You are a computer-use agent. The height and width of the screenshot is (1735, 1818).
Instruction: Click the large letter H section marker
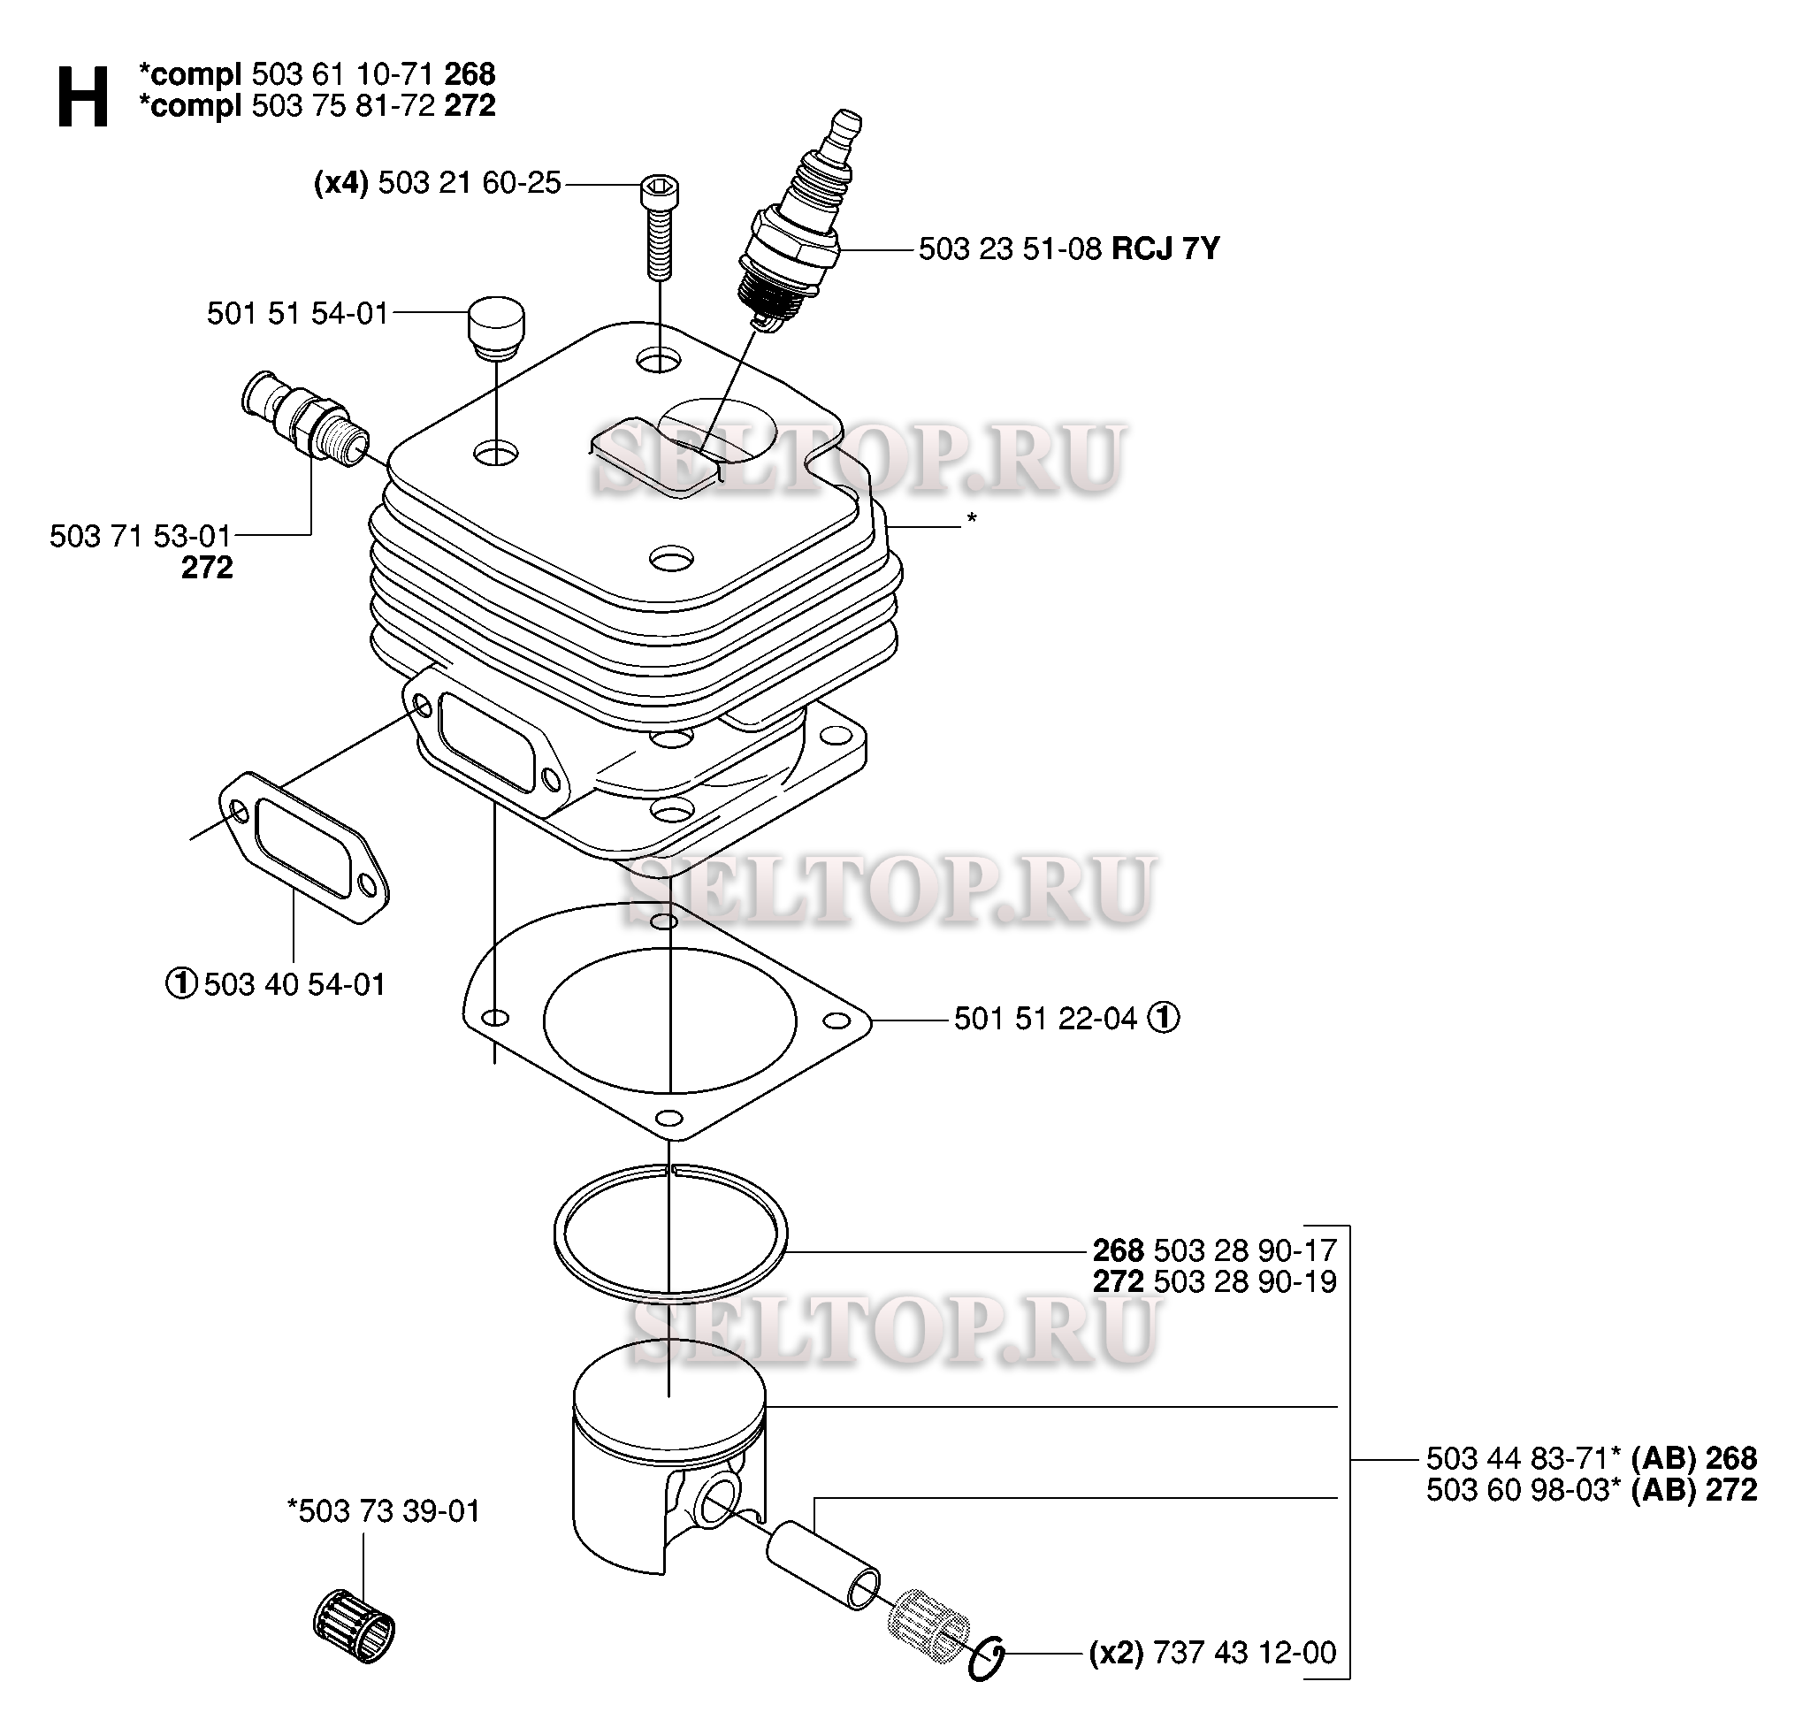pos(82,96)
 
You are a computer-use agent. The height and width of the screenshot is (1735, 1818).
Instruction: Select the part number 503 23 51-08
pos(1010,248)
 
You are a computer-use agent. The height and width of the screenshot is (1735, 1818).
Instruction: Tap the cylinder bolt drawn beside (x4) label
pos(659,226)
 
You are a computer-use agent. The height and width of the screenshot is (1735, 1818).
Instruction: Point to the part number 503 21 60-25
pos(469,183)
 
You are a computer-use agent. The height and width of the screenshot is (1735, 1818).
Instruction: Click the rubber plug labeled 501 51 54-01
pos(497,326)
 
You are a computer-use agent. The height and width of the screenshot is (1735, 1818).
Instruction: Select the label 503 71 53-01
pos(140,536)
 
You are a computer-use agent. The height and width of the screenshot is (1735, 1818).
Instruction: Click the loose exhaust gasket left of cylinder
pos(304,847)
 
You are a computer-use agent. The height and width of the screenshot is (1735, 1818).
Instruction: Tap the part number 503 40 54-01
pos(294,984)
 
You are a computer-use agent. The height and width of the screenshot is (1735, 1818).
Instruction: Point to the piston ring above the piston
pos(670,1229)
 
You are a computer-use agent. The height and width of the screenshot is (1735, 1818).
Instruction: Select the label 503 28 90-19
pos(1245,1282)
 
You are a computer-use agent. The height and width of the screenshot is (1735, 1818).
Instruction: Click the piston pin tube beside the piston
pos(823,1569)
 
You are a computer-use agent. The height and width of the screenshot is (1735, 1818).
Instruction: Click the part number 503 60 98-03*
pos(1523,1490)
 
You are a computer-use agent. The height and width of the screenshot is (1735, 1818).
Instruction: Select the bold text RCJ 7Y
pos(1165,248)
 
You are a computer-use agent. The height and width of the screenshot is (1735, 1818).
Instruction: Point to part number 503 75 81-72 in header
pos(343,105)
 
